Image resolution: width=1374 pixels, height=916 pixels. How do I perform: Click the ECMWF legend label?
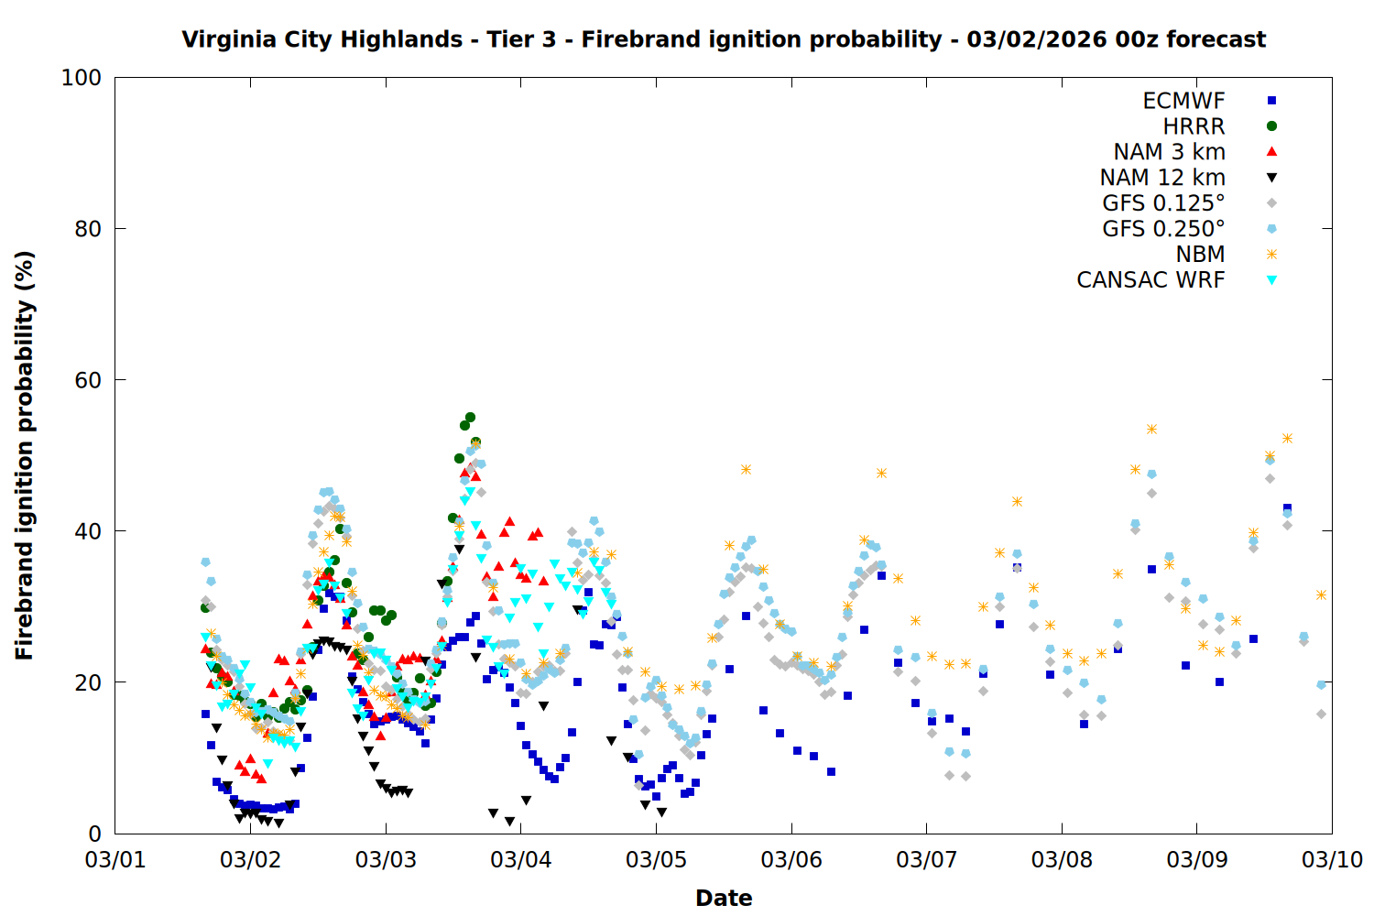pos(1183,101)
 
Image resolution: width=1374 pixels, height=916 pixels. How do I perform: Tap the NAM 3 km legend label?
pos(1169,152)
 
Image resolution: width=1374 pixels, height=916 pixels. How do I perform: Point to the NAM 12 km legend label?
pos(1162,178)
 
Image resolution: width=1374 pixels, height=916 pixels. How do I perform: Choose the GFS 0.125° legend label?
pos(1163,203)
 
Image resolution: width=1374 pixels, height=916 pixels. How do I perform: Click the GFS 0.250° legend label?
pos(1163,229)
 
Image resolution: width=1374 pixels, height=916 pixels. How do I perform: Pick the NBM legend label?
pos(1200,255)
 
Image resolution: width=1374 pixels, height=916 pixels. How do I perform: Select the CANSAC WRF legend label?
pos(1150,280)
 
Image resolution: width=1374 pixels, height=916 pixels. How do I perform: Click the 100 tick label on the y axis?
pos(82,78)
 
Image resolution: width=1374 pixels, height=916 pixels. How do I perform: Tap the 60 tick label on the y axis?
pos(88,380)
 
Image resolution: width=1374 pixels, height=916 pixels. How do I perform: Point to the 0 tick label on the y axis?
pos(94,834)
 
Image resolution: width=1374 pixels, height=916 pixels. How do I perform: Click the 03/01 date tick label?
pos(115,860)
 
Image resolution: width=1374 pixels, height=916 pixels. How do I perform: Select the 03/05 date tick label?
pos(656,860)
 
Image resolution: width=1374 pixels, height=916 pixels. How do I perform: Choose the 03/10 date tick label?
pos(1332,860)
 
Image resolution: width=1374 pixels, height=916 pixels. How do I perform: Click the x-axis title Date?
pos(724,898)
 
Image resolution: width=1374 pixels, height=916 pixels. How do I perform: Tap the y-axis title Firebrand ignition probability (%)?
pos(25,455)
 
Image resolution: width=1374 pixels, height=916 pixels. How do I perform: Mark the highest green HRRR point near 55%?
pos(470,417)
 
